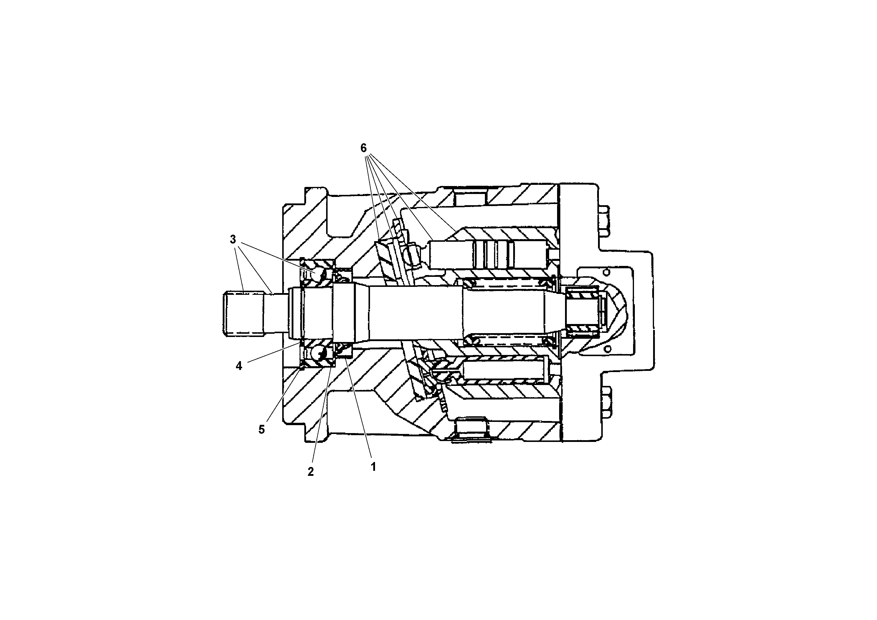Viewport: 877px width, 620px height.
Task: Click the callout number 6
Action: [363, 148]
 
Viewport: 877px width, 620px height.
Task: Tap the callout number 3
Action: [233, 240]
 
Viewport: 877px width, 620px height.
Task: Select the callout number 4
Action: [239, 366]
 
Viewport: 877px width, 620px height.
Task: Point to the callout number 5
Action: [261, 429]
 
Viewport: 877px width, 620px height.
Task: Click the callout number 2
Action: [310, 472]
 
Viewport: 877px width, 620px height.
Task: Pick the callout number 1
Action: [373, 466]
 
